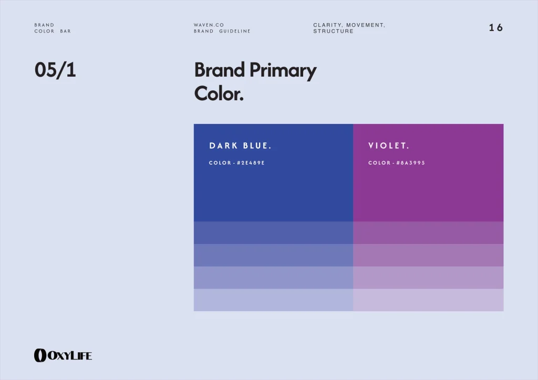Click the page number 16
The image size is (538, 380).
[x=496, y=27]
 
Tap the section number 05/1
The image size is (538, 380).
[x=55, y=70]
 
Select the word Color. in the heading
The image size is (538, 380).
[x=219, y=93]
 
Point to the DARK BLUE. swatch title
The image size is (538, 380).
[x=240, y=145]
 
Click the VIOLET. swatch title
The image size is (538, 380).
[x=389, y=145]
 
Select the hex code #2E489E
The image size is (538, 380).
[x=251, y=163]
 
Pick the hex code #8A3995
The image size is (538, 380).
[x=411, y=163]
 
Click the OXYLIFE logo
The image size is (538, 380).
[x=63, y=355]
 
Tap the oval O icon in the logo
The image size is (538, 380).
[x=40, y=355]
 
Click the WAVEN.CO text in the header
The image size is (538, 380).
[x=209, y=25]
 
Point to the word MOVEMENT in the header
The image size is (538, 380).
[x=365, y=25]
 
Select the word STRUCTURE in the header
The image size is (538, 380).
[x=333, y=31]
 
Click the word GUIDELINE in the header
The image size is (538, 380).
[x=235, y=31]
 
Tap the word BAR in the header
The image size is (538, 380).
[x=66, y=31]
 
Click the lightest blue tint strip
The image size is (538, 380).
[x=273, y=300]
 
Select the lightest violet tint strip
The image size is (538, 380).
[x=428, y=300]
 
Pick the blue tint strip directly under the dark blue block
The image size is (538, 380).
[x=273, y=233]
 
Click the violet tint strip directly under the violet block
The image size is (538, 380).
[x=428, y=233]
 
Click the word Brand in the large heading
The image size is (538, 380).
[x=220, y=70]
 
